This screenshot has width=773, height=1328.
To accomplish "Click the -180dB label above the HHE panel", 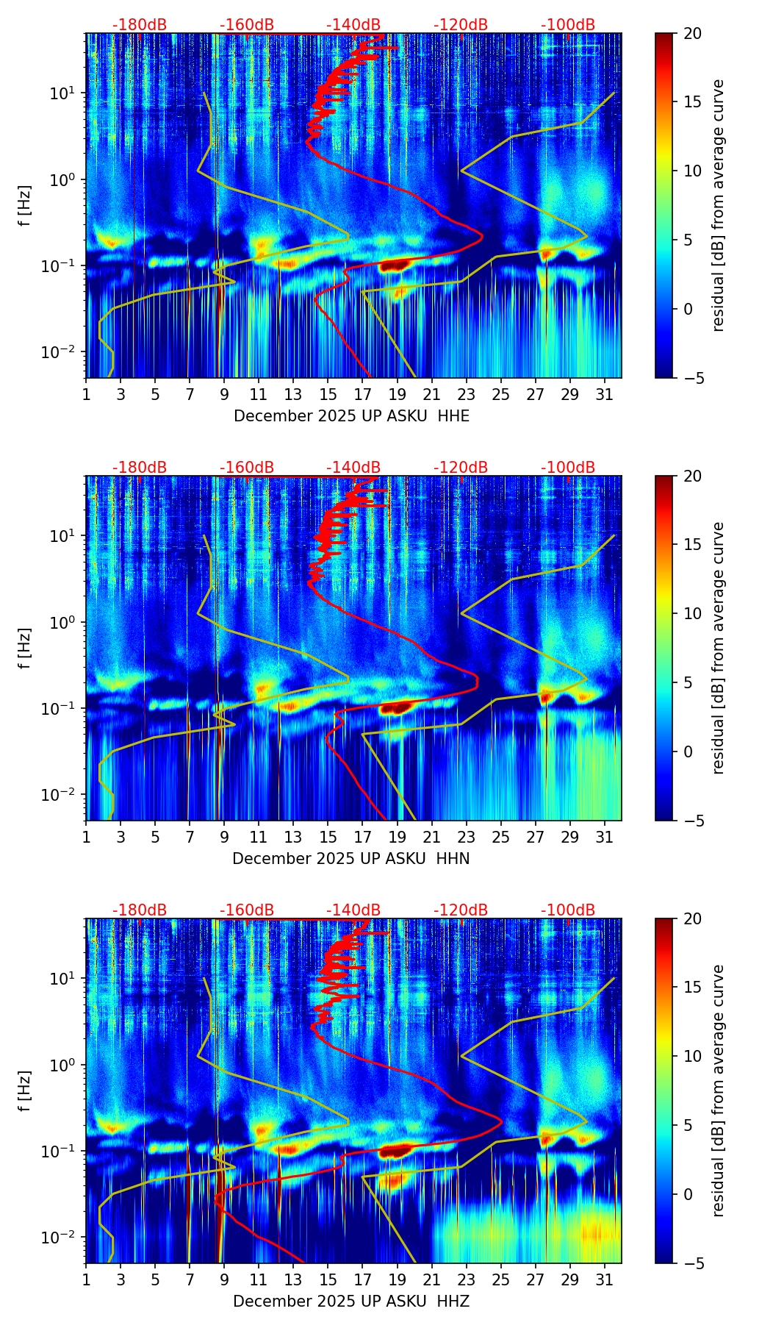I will click(x=140, y=25).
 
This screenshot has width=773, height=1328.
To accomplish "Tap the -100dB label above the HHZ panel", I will click(x=568, y=910).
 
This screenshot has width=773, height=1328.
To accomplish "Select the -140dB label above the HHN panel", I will click(x=353, y=468).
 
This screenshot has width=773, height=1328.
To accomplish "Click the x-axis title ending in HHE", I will click(x=351, y=416).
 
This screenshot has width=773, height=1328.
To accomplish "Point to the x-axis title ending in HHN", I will click(x=351, y=859).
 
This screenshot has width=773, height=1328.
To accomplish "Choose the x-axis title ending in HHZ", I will click(x=351, y=1302).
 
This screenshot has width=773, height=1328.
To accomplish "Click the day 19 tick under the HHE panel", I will click(x=397, y=394).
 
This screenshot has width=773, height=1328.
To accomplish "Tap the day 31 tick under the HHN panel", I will click(x=604, y=837).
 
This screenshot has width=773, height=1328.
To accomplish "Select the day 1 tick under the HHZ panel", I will click(x=87, y=1279).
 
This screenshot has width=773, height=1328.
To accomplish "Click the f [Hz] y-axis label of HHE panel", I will click(x=26, y=206).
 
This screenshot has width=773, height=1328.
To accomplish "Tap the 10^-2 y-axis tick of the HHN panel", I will click(x=60, y=796).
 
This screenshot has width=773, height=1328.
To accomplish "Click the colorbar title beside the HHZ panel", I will click(x=718, y=1090).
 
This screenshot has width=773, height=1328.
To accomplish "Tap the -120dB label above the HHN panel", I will click(x=461, y=468).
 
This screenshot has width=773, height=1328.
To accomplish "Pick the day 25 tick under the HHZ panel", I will click(x=500, y=1279).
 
